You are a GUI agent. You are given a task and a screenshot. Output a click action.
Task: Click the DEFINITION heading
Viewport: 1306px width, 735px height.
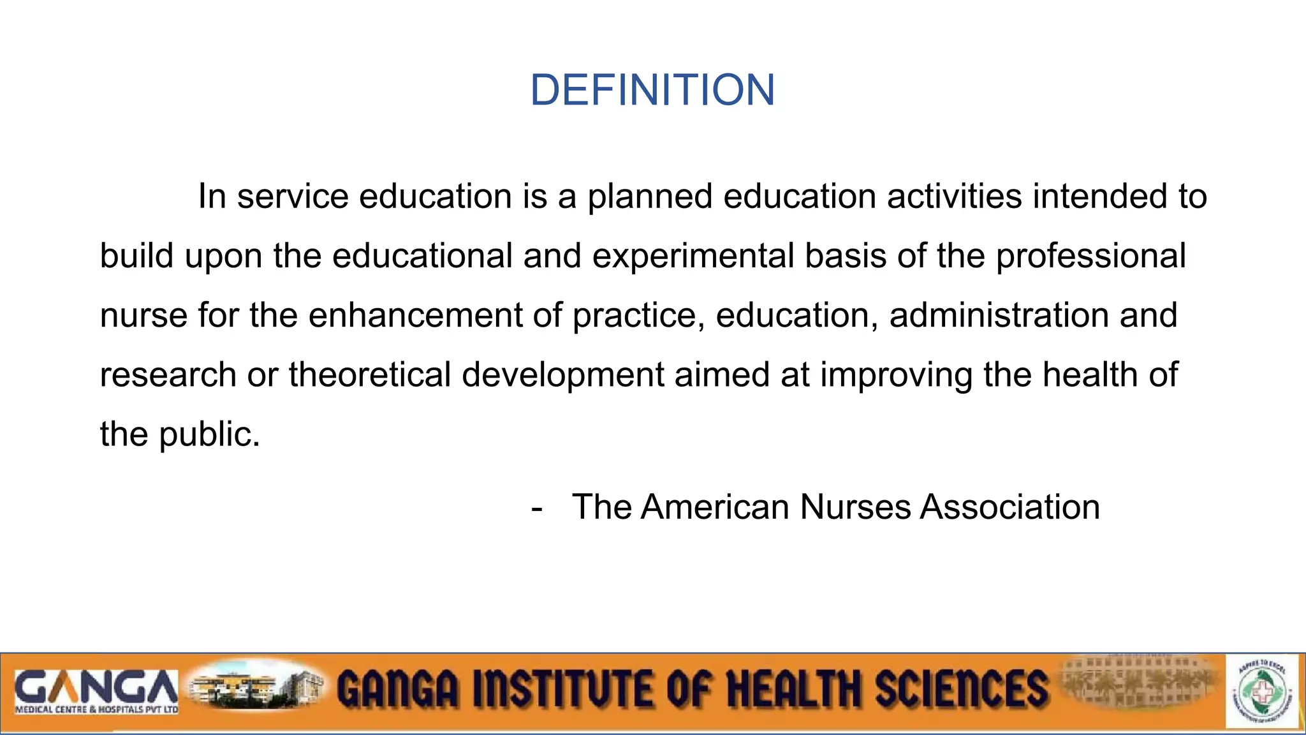pos(652,90)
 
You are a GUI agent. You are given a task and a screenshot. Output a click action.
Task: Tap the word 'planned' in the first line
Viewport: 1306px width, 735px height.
pos(649,196)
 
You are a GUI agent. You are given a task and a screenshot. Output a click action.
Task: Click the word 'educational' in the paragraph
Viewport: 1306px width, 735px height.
pos(422,256)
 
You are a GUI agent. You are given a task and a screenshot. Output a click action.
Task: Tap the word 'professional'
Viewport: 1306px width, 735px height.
pos(1090,256)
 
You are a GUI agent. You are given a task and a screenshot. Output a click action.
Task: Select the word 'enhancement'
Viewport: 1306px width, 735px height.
pos(415,315)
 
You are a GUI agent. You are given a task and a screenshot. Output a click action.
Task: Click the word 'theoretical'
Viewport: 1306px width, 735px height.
pos(370,375)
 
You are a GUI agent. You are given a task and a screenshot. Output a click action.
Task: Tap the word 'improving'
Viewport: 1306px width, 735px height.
pos(896,375)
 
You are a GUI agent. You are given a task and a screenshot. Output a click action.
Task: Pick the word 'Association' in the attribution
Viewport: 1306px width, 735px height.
pos(1009,507)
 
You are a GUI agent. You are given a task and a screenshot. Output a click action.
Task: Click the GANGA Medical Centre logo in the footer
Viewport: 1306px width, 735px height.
pos(96,691)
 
